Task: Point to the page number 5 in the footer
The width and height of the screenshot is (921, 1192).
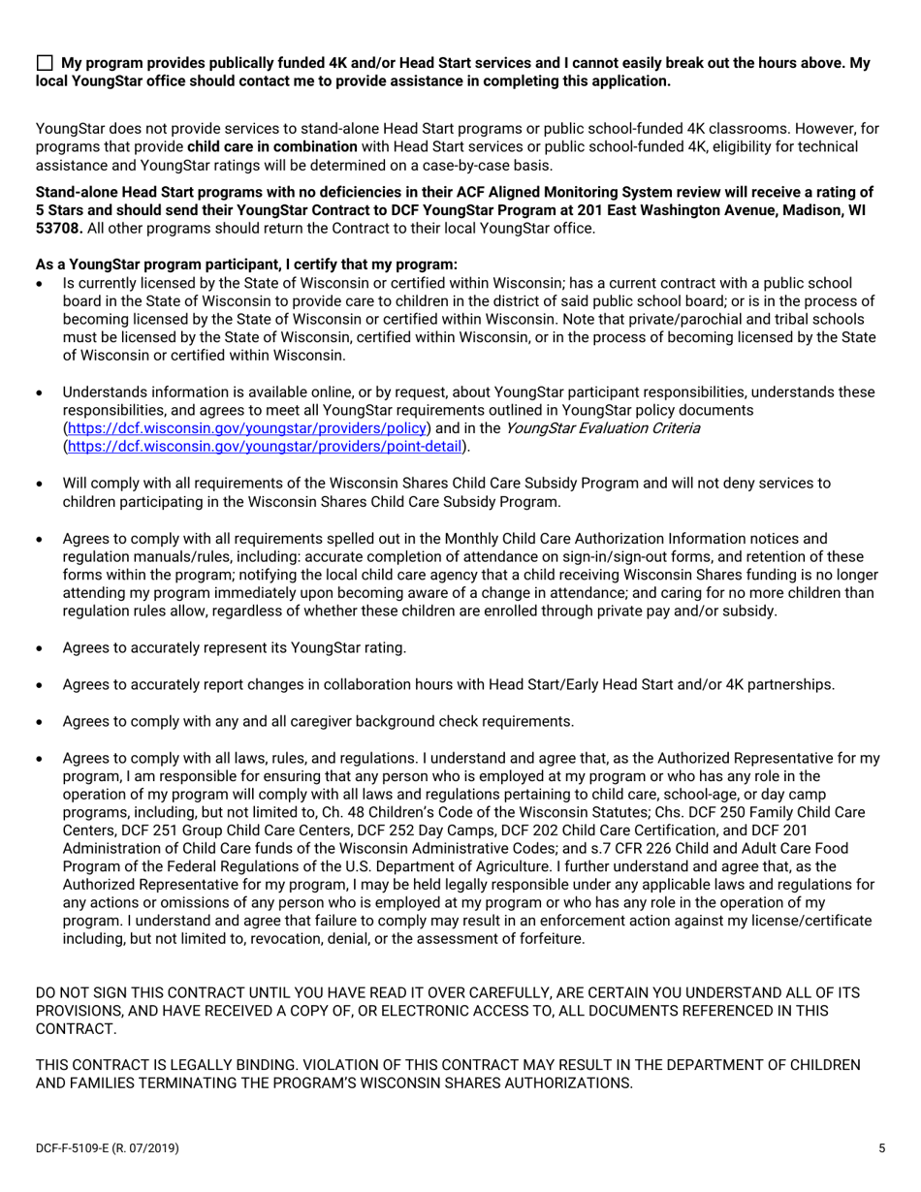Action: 881,1149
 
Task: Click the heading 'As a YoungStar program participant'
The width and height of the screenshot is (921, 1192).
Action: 245,265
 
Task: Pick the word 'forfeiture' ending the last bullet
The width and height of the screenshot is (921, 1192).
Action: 550,938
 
